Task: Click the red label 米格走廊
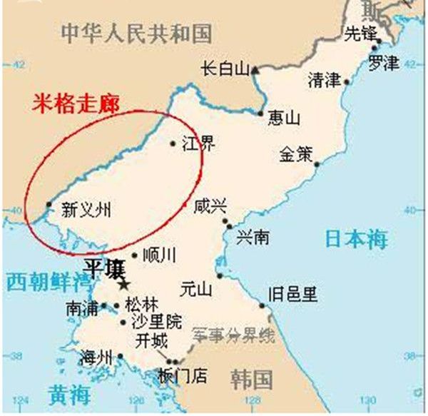point(75,103)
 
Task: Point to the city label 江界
point(198,145)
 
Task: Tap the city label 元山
point(196,289)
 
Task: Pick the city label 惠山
point(283,118)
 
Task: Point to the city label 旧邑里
point(292,294)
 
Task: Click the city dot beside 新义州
point(49,205)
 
